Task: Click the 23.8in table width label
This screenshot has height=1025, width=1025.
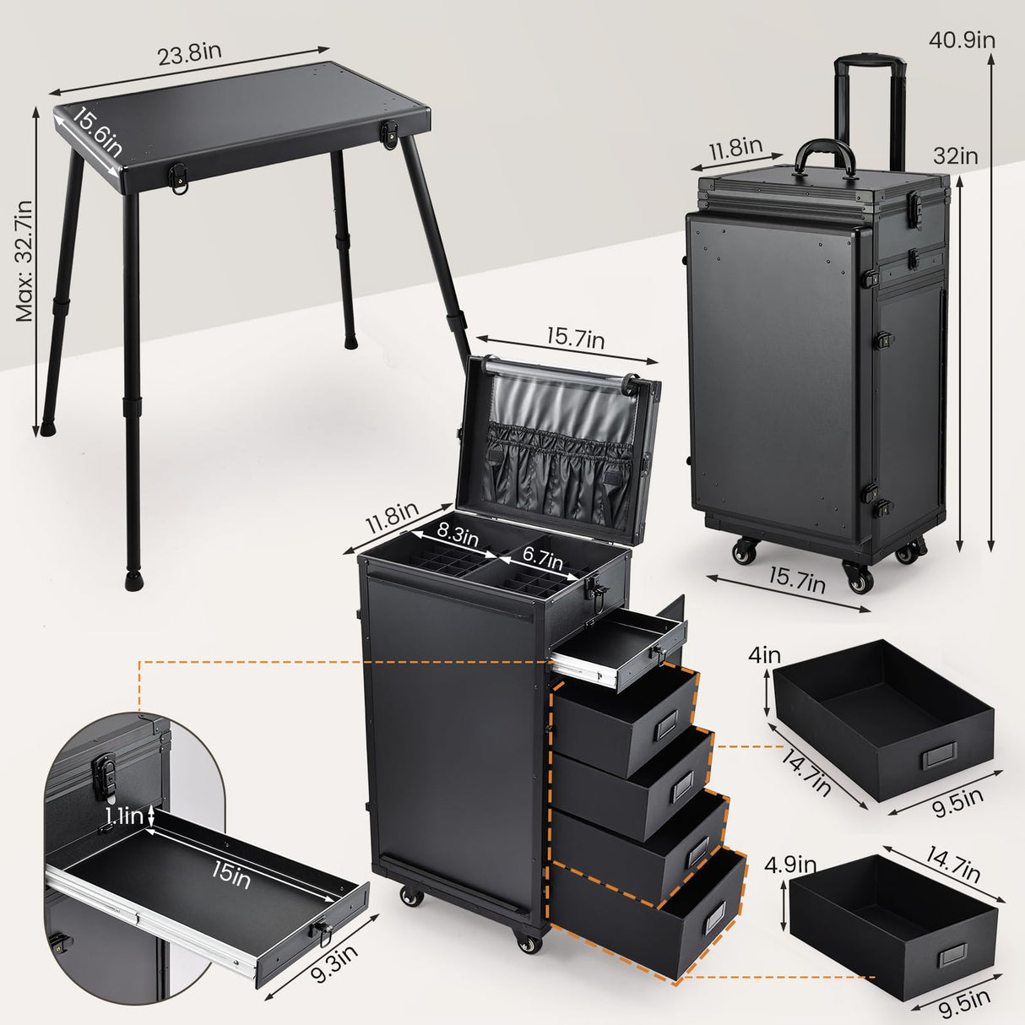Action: [x=189, y=52]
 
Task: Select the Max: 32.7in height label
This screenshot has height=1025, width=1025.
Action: [x=24, y=261]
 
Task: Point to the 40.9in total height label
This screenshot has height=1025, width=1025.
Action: [x=962, y=40]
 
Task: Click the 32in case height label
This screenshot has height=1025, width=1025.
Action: [x=956, y=156]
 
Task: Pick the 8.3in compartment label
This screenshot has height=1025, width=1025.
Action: [x=457, y=534]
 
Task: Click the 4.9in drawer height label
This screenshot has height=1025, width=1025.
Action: [x=789, y=865]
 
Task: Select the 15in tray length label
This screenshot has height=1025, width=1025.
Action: [x=230, y=875]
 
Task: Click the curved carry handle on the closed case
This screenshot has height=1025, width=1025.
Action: [x=822, y=155]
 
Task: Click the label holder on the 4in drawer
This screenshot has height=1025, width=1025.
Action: [x=938, y=754]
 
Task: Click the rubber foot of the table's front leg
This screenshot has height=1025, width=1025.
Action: [x=133, y=581]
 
